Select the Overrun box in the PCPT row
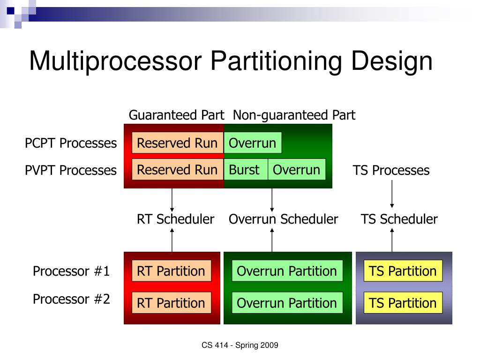[x=253, y=143]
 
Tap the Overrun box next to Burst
[x=297, y=170]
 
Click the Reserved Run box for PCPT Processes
[x=177, y=143]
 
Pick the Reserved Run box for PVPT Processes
[x=177, y=170]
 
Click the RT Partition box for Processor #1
[x=171, y=271]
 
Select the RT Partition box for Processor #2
[x=171, y=303]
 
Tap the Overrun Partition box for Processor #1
[x=287, y=271]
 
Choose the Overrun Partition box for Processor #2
[x=287, y=303]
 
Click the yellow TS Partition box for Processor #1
[x=403, y=271]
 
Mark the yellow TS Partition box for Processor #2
[x=403, y=303]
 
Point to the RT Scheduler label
[x=175, y=219]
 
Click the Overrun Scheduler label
[x=283, y=219]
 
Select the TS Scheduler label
[x=399, y=219]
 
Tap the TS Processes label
[x=391, y=170]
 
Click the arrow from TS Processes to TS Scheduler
[x=392, y=193]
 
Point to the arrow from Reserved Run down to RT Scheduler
[x=172, y=199]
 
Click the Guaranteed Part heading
[x=177, y=115]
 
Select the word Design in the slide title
[x=393, y=61]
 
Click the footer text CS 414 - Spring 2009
[x=240, y=345]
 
